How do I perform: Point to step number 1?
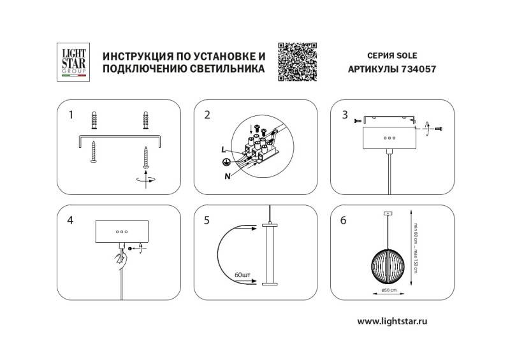coord(71,115)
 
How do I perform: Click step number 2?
coord(207,115)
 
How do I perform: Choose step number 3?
coord(345,115)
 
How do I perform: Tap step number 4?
coord(71,221)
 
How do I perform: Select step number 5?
coord(207,221)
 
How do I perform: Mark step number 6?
coord(345,221)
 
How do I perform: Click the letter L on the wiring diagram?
coord(223,149)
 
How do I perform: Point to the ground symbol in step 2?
coord(222,162)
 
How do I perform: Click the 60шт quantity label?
coord(243,275)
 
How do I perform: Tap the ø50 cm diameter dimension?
coord(388,290)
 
